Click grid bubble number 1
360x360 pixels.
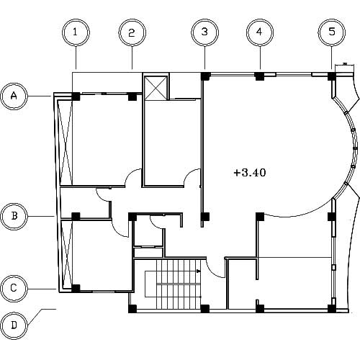pyautogui.click(x=76, y=32)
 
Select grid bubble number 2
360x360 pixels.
pyautogui.click(x=132, y=32)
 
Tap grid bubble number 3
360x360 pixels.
pyautogui.click(x=204, y=32)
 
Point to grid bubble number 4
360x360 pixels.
pyautogui.click(x=260, y=32)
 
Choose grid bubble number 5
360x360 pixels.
pyautogui.click(x=332, y=32)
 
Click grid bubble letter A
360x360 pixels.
pyautogui.click(x=14, y=96)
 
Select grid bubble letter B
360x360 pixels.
pyautogui.click(x=14, y=216)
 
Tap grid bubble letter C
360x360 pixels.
pyautogui.click(x=14, y=288)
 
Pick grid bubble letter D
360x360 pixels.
pyautogui.click(x=14, y=325)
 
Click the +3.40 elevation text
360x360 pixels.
pyautogui.click(x=250, y=173)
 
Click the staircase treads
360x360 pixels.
pyautogui.click(x=179, y=284)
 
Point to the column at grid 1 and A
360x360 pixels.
pyautogui.click(x=76, y=96)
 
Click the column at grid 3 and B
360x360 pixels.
pyautogui.click(x=205, y=217)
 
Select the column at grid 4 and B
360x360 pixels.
pyautogui.click(x=260, y=217)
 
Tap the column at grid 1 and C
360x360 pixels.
pyautogui.click(x=76, y=288)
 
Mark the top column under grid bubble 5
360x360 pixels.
pyautogui.click(x=332, y=76)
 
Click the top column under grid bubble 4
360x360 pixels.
pyautogui.click(x=259, y=76)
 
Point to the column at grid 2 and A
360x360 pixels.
pyautogui.click(x=132, y=96)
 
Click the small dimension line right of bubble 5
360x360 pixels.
pyautogui.click(x=345, y=65)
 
